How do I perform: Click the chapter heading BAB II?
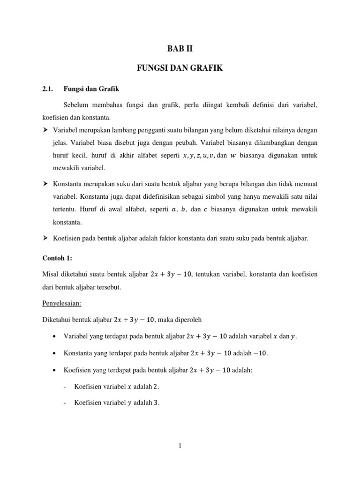point(180,48)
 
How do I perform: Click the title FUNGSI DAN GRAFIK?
point(180,68)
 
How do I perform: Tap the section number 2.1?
point(48,89)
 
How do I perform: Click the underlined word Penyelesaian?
point(62,303)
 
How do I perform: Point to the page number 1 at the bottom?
point(180,446)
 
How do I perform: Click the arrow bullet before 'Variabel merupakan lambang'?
point(45,129)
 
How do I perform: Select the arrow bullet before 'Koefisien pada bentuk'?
point(45,239)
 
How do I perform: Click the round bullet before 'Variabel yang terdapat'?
point(55,336)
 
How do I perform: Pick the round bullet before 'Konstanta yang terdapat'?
point(55,353)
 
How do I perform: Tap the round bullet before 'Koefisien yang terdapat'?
point(55,370)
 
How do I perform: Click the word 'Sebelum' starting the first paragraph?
point(77,106)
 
